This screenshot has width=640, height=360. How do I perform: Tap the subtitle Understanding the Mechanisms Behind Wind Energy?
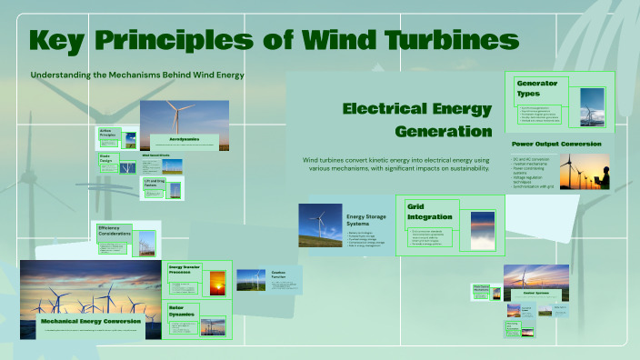pos(137,74)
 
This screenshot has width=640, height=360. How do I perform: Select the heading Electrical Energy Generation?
pos(417,119)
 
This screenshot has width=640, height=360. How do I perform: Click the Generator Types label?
pos(536,88)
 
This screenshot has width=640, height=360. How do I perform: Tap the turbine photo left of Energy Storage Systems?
pos(320,225)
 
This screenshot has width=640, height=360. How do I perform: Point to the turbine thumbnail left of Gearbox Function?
pos(251,279)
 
